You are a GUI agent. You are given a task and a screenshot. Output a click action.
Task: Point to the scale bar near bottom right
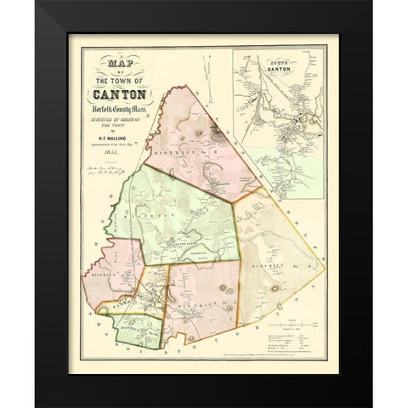[291, 324]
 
